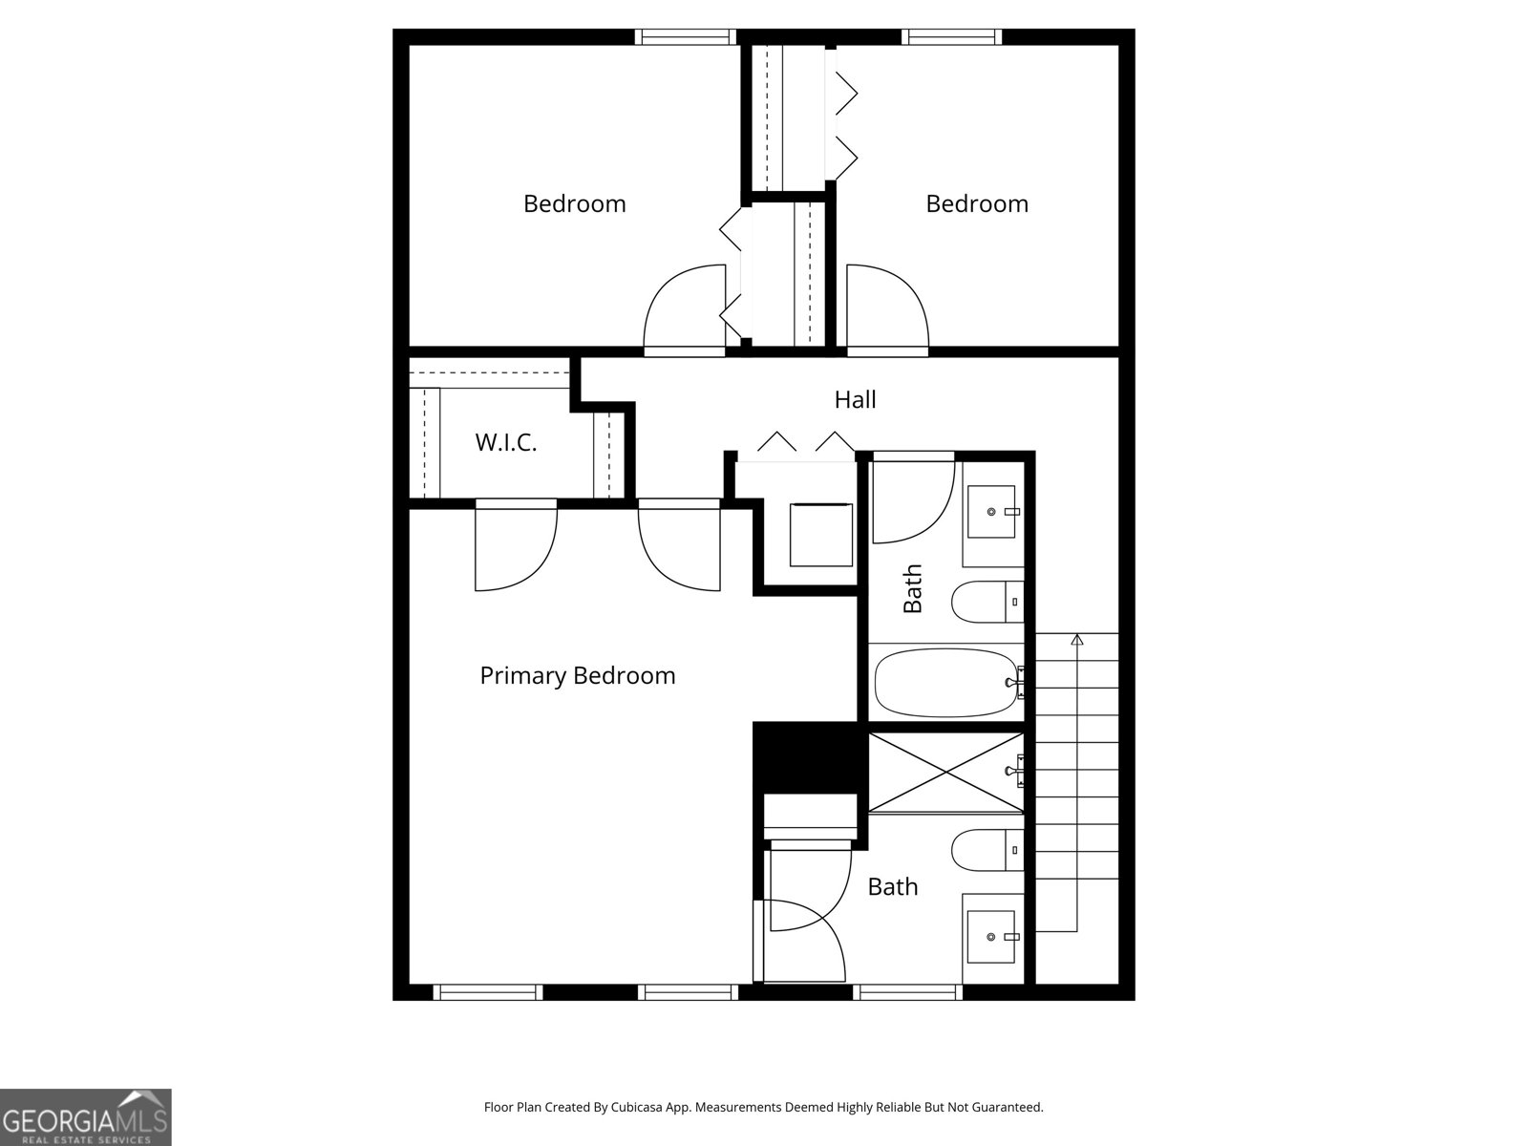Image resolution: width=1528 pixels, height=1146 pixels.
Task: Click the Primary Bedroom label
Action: point(577,676)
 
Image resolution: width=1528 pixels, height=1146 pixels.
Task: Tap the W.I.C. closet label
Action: point(506,442)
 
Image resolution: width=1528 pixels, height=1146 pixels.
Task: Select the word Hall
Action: point(855,399)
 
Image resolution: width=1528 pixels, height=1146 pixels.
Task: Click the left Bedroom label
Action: point(574,203)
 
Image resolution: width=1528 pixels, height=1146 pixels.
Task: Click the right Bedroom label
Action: point(977,203)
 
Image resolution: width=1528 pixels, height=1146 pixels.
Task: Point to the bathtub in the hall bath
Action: point(945,683)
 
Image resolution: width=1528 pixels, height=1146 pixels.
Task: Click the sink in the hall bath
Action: point(992,512)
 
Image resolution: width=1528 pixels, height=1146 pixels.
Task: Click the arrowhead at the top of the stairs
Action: point(1077,639)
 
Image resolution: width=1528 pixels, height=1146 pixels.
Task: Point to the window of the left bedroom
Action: point(686,37)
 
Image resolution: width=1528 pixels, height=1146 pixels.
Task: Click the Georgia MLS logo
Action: point(85,1117)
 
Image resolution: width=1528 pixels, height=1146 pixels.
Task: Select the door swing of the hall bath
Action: point(912,501)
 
